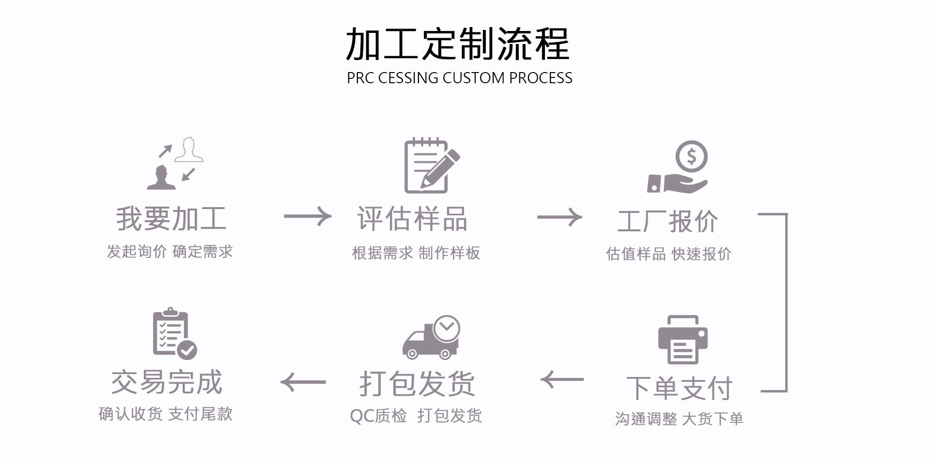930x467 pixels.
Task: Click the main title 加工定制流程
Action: tap(457, 44)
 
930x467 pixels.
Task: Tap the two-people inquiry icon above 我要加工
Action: tap(175, 163)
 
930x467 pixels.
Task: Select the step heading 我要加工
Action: tap(171, 218)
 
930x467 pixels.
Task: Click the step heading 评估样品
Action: tap(412, 218)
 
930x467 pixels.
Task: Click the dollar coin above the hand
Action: tap(691, 156)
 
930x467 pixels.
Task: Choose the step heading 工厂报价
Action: tap(667, 222)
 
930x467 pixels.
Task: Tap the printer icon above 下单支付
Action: tap(682, 339)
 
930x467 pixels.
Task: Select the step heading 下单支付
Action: tap(679, 388)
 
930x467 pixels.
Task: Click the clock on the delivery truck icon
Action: tap(446, 329)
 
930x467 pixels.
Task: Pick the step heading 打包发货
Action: tap(417, 384)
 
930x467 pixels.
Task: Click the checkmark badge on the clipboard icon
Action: tap(187, 349)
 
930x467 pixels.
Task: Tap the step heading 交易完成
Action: tap(167, 382)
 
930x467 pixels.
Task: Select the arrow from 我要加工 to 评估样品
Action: tap(308, 216)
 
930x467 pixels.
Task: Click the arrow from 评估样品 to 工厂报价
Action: tap(559, 217)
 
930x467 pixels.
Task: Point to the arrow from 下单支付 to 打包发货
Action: tap(562, 379)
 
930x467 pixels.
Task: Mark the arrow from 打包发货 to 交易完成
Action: tap(303, 382)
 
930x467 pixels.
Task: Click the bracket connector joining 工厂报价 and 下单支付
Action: tap(786, 302)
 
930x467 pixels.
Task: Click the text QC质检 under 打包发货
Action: tap(378, 416)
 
